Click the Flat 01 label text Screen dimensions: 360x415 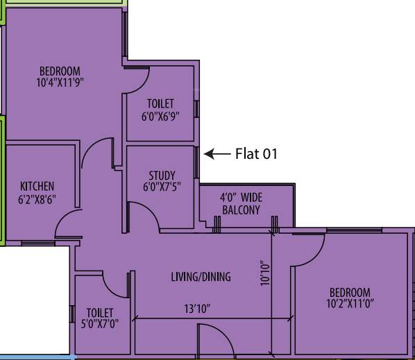tap(256, 154)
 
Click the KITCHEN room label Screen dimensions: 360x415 tap(37, 187)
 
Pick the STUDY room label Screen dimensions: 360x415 tap(162, 175)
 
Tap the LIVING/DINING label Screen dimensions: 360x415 tap(201, 277)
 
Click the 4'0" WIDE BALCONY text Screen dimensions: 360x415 tap(241, 203)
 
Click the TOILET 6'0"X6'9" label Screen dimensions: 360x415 tap(160, 110)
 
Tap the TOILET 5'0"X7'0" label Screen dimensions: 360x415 tap(99, 318)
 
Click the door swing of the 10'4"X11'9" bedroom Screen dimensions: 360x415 tap(96, 155)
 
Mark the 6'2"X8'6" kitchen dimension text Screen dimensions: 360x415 tap(37, 198)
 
